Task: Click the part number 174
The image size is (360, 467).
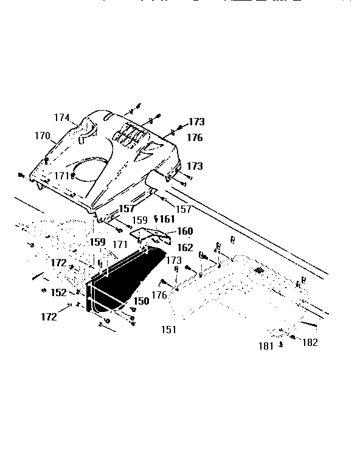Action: [x=63, y=118]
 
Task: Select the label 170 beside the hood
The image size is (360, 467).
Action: [x=42, y=136]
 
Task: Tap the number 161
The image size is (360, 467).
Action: [x=165, y=219]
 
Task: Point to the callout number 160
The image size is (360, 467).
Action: [x=185, y=231]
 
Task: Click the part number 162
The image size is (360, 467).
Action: [x=185, y=247]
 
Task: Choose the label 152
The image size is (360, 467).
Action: [x=58, y=292]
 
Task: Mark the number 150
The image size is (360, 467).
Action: [x=141, y=301]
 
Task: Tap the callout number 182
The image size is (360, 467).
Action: [x=310, y=342]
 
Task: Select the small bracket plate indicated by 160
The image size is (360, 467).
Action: [x=152, y=234]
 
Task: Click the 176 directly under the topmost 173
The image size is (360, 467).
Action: [x=195, y=138]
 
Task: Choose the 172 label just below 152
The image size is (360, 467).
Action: [x=49, y=316]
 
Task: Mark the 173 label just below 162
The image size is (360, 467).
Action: [x=173, y=260]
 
